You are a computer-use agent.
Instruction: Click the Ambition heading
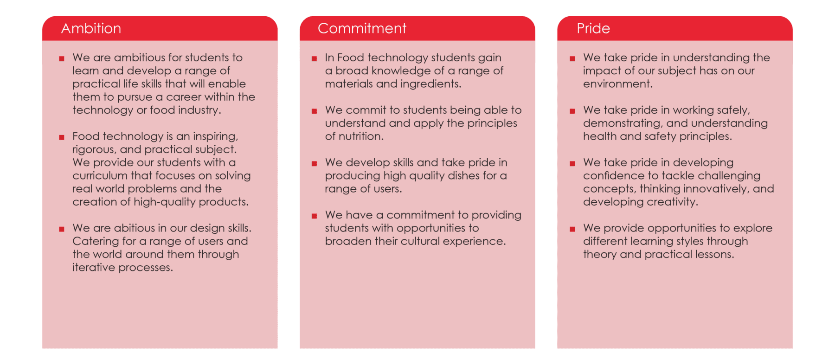click(91, 28)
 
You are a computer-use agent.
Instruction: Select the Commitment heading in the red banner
click(362, 28)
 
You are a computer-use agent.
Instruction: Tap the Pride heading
click(593, 28)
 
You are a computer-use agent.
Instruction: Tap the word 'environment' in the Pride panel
click(617, 84)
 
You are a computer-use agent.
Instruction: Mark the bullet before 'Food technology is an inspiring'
click(62, 137)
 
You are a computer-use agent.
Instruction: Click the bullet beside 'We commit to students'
click(314, 111)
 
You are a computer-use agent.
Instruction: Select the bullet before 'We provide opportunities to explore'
click(572, 229)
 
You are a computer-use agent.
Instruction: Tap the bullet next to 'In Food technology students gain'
click(314, 59)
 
